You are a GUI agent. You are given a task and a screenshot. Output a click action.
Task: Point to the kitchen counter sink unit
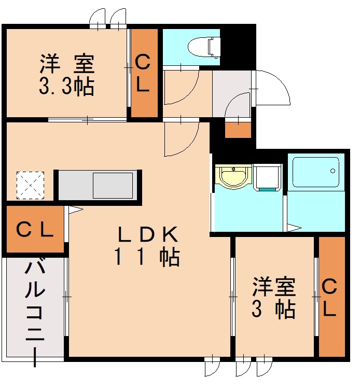coord(99,185)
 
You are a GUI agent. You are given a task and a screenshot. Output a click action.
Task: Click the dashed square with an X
coord(30,185)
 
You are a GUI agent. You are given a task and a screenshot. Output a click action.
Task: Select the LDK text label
coord(147,235)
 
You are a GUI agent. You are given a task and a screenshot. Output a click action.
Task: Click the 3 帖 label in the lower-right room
coord(274,310)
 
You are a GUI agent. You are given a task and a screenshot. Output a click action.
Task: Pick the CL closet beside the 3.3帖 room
coord(144,73)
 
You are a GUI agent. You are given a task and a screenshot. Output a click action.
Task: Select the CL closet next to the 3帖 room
coord(331,297)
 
